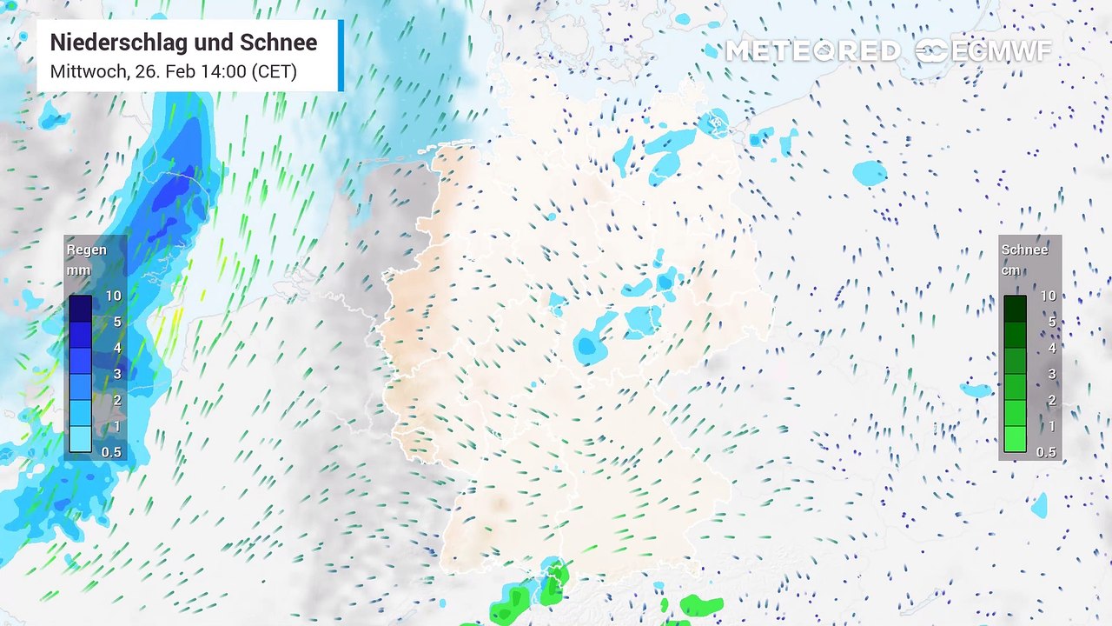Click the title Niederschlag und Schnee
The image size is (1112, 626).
click(183, 43)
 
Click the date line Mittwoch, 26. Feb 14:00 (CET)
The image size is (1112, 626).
click(173, 71)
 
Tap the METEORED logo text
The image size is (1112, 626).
click(812, 51)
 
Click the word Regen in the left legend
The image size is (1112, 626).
click(87, 250)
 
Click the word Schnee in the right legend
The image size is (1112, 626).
click(1024, 250)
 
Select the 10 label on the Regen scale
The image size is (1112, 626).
click(113, 296)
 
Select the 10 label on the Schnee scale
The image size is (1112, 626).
click(1048, 296)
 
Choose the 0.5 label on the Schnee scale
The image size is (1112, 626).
click(1046, 452)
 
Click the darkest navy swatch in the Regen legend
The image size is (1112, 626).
click(81, 309)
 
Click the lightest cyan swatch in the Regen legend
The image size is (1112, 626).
click(81, 439)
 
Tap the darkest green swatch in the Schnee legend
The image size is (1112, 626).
click(1015, 309)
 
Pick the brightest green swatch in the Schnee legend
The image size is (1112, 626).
click(1015, 439)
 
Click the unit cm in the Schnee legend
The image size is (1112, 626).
click(1010, 270)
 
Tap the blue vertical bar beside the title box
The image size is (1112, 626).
click(341, 56)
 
